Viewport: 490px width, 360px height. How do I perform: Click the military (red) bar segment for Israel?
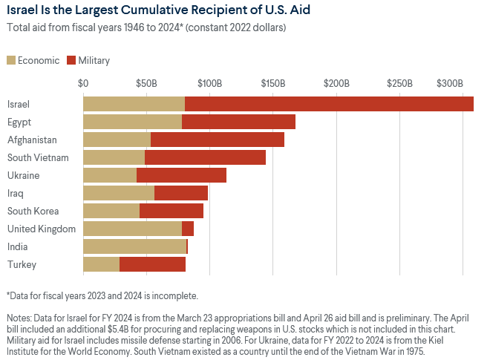[329, 104]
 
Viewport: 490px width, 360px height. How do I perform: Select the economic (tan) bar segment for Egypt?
[132, 122]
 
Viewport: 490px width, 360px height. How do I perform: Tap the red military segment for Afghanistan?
[218, 140]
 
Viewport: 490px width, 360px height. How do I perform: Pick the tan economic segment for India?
[134, 246]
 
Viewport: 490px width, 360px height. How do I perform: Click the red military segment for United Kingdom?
[188, 229]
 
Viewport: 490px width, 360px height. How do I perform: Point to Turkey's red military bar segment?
[152, 264]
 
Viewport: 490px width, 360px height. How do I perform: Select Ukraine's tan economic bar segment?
[110, 175]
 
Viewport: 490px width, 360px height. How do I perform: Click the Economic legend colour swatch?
[13, 60]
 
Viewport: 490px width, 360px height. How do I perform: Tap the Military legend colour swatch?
[71, 60]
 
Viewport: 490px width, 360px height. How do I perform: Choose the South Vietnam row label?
[38, 157]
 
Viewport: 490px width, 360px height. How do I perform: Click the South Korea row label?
[33, 211]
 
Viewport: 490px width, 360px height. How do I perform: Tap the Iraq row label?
[16, 193]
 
